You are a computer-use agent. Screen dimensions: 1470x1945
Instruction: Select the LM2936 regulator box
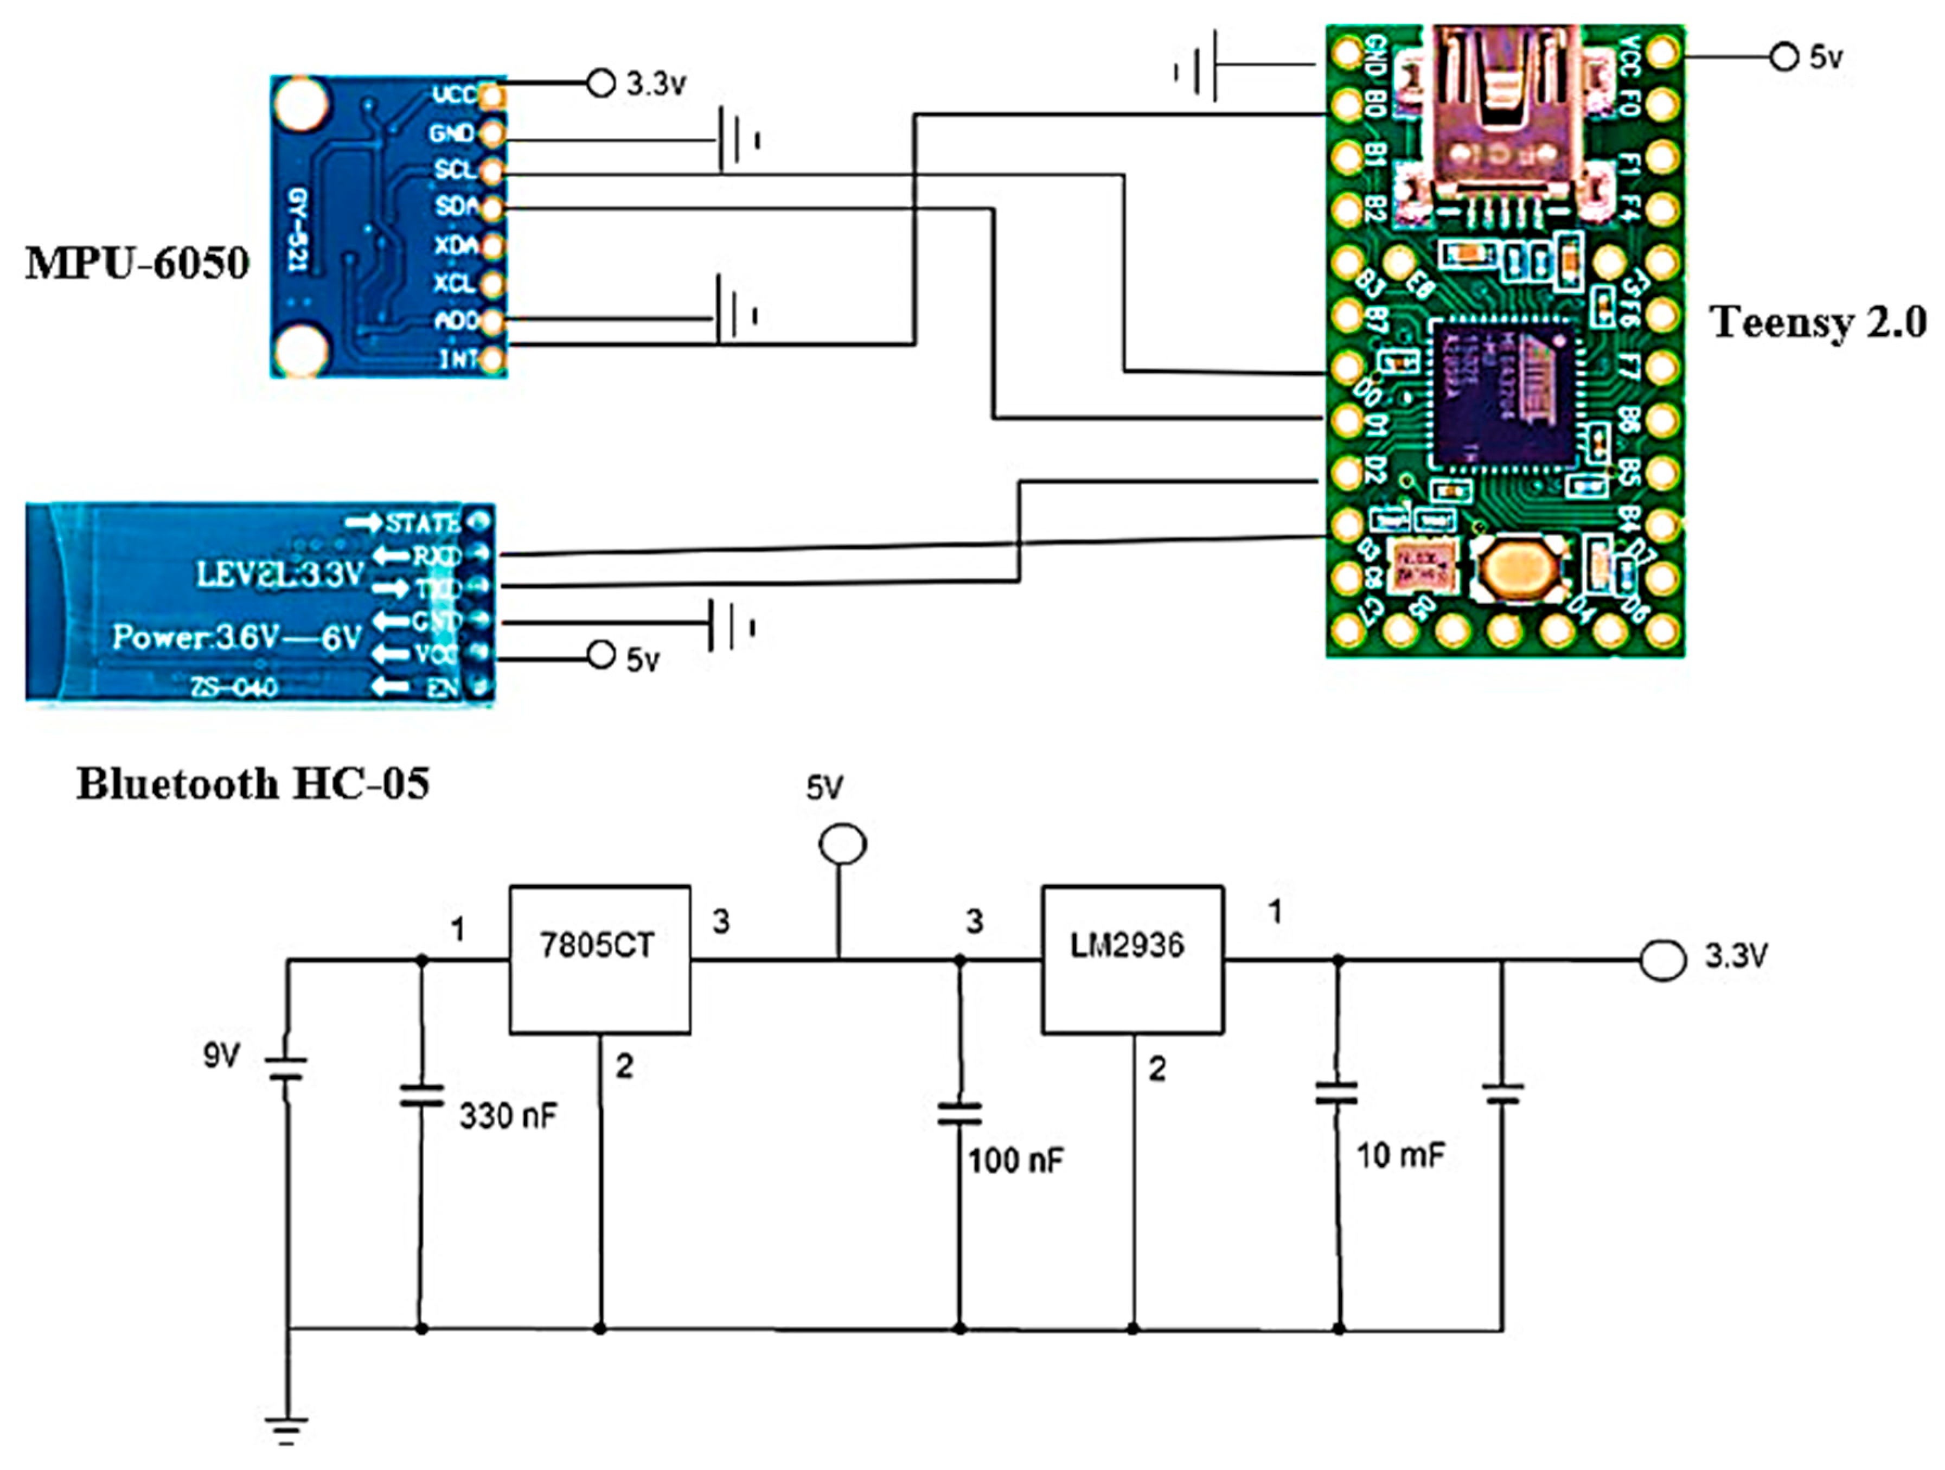(1131, 958)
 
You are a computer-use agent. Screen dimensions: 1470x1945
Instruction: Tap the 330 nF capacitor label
(508, 1116)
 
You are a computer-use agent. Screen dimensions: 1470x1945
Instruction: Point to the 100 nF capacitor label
(1015, 1160)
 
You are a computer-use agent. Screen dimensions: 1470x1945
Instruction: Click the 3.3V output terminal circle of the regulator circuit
(1662, 959)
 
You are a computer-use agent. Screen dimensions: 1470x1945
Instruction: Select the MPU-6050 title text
(137, 263)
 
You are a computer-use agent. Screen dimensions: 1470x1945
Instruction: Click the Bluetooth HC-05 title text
(253, 783)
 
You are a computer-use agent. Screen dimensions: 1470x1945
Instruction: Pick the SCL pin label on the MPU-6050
(455, 169)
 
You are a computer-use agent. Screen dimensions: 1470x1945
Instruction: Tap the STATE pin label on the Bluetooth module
(422, 523)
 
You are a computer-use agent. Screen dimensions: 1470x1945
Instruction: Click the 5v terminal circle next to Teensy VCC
(1784, 58)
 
